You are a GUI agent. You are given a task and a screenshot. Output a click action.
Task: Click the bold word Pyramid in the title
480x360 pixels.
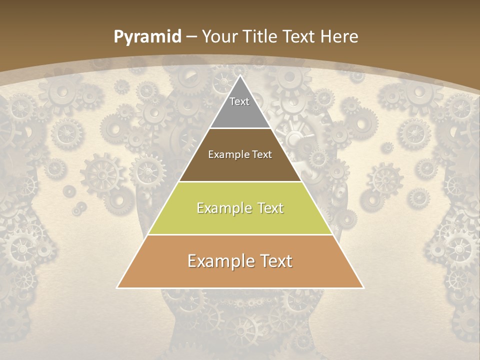point(147,37)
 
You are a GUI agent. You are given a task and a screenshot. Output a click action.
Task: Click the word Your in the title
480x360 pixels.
point(219,37)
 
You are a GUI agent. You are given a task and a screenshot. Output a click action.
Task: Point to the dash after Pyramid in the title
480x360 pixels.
point(190,37)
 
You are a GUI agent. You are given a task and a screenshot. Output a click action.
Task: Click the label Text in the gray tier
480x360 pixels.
point(239,101)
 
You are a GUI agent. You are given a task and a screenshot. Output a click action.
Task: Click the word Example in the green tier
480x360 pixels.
point(223,208)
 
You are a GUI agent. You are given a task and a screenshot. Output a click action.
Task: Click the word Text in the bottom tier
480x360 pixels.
point(275,261)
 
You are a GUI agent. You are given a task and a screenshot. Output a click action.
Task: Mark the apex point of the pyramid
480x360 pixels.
point(240,75)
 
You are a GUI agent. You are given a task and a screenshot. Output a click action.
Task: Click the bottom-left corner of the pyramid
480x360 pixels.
point(117,288)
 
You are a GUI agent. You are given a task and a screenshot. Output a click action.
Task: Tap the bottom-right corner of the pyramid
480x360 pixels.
point(363,288)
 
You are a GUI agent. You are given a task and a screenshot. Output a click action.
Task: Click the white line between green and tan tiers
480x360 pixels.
point(240,234)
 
